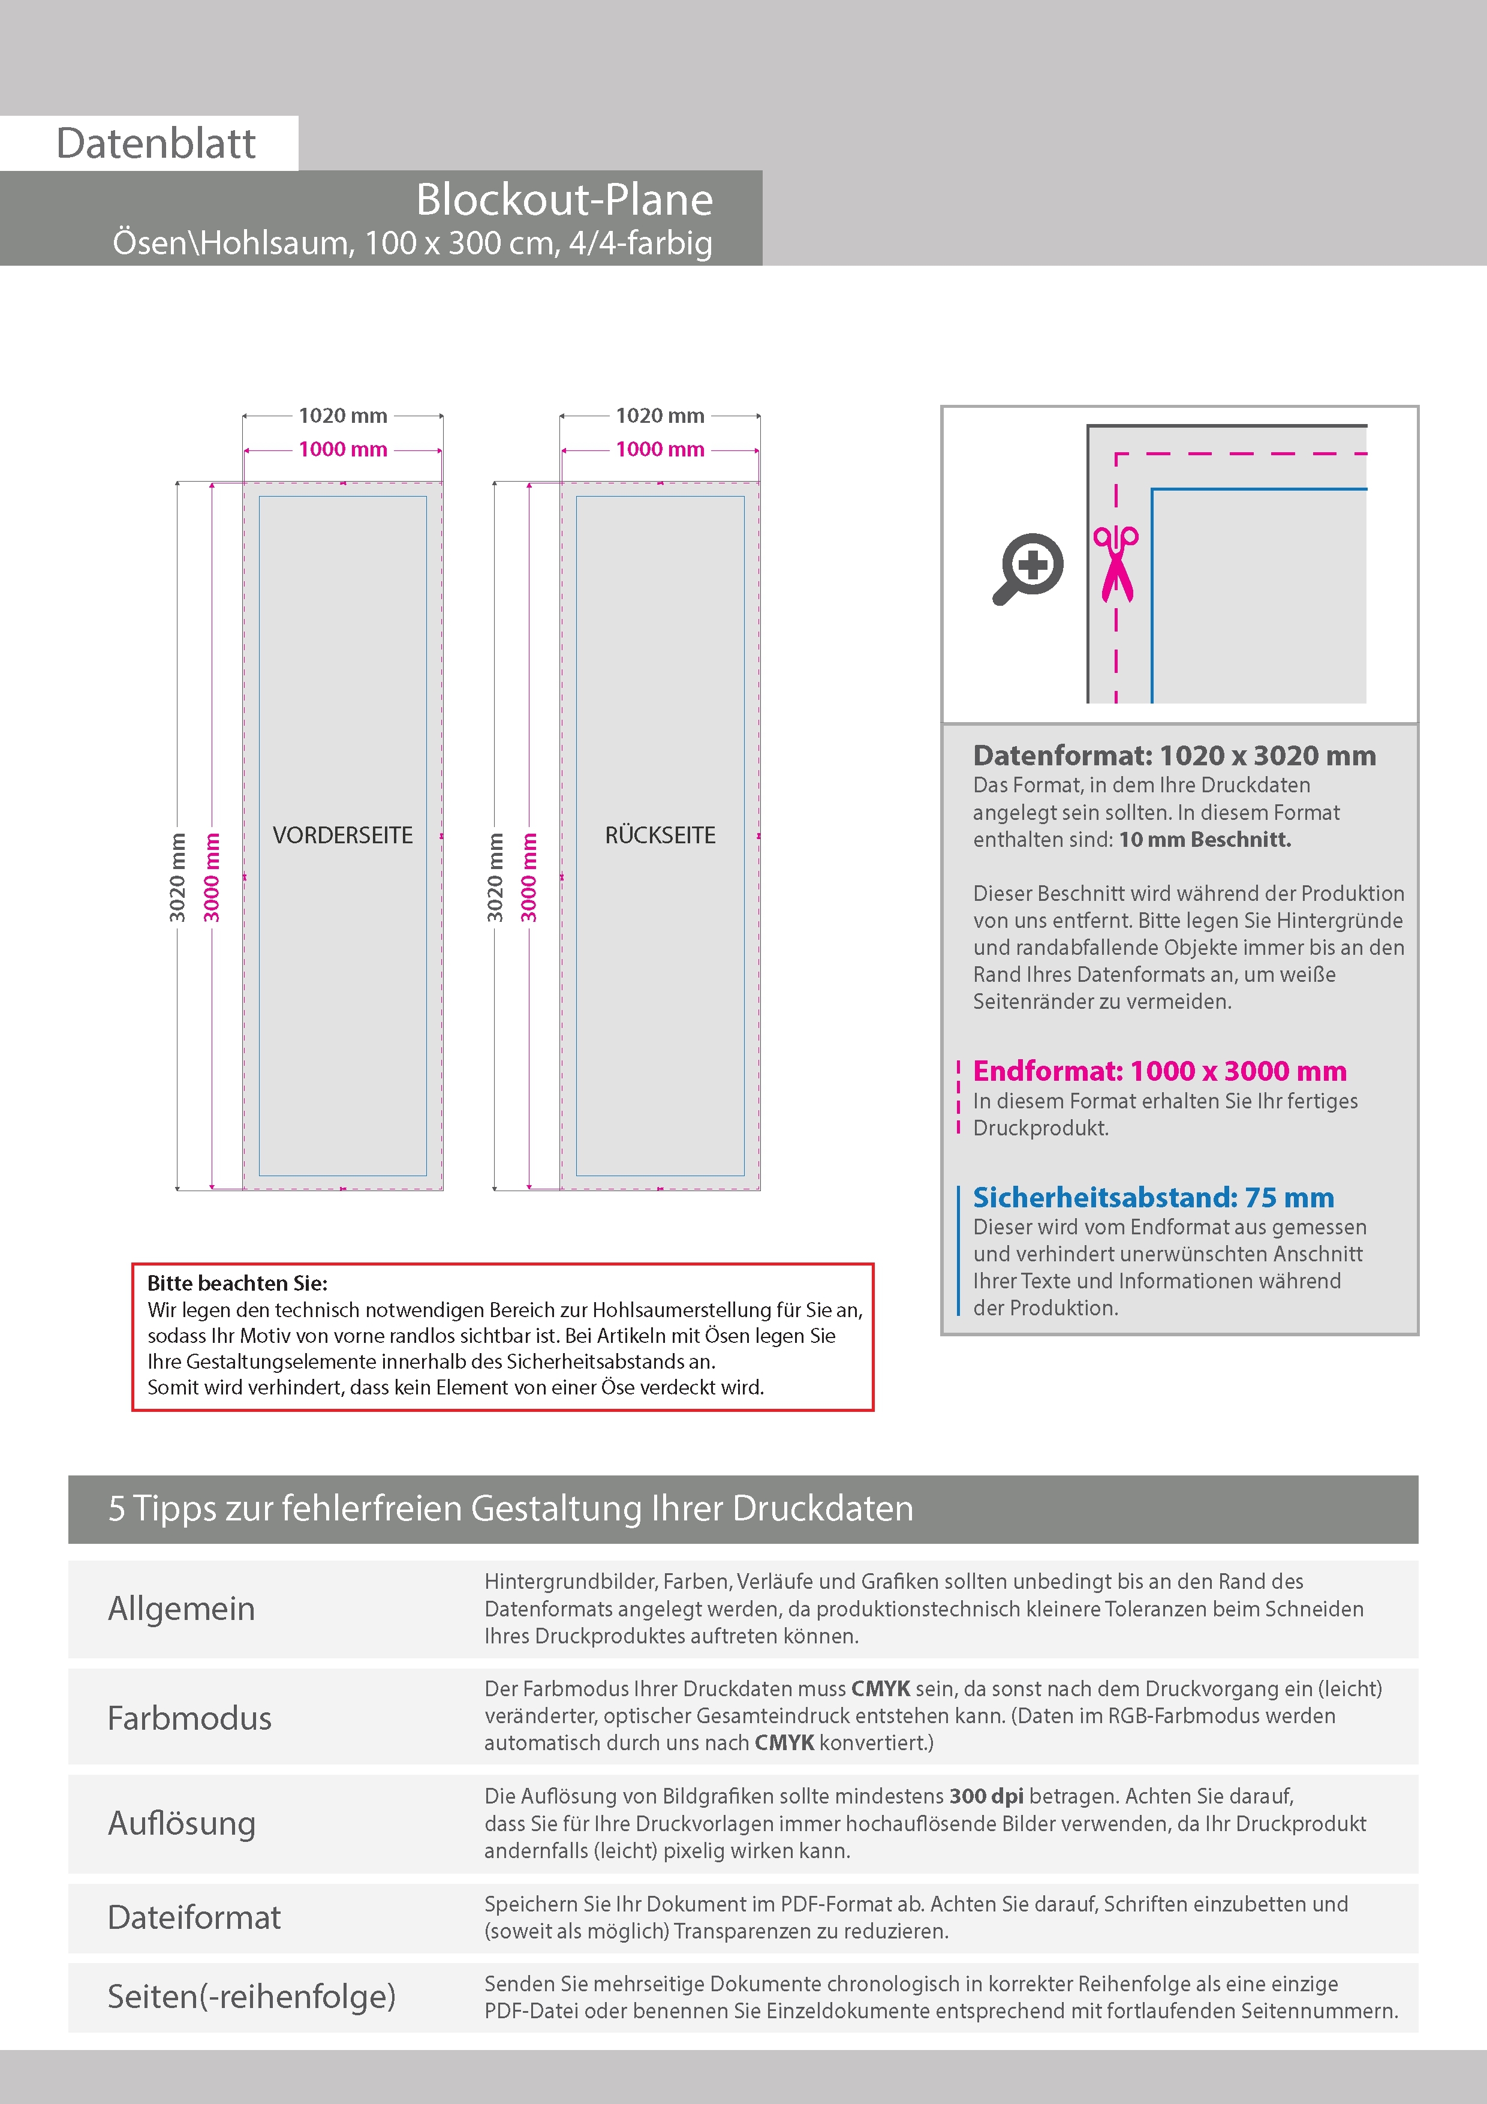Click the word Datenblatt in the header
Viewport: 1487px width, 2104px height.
156,144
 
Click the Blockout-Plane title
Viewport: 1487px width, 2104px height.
564,200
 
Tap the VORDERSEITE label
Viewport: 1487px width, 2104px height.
342,835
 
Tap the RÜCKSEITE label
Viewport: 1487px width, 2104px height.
660,835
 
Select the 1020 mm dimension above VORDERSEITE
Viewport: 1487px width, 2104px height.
342,416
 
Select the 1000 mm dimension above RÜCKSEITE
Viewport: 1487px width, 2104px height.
660,449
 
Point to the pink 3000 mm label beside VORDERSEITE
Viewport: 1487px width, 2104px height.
212,877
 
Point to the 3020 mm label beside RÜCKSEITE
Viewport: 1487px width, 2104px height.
495,877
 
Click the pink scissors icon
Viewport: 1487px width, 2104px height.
1115,564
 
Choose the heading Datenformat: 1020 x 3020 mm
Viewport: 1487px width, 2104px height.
1173,756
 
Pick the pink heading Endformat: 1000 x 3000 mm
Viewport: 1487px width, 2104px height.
1159,1071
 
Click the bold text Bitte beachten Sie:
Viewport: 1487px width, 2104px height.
237,1283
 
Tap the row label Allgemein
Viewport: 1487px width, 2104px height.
182,1608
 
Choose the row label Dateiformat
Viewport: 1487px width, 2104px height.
194,1917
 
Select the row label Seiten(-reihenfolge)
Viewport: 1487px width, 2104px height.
251,1996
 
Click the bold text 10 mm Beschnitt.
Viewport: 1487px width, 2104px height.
1204,840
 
